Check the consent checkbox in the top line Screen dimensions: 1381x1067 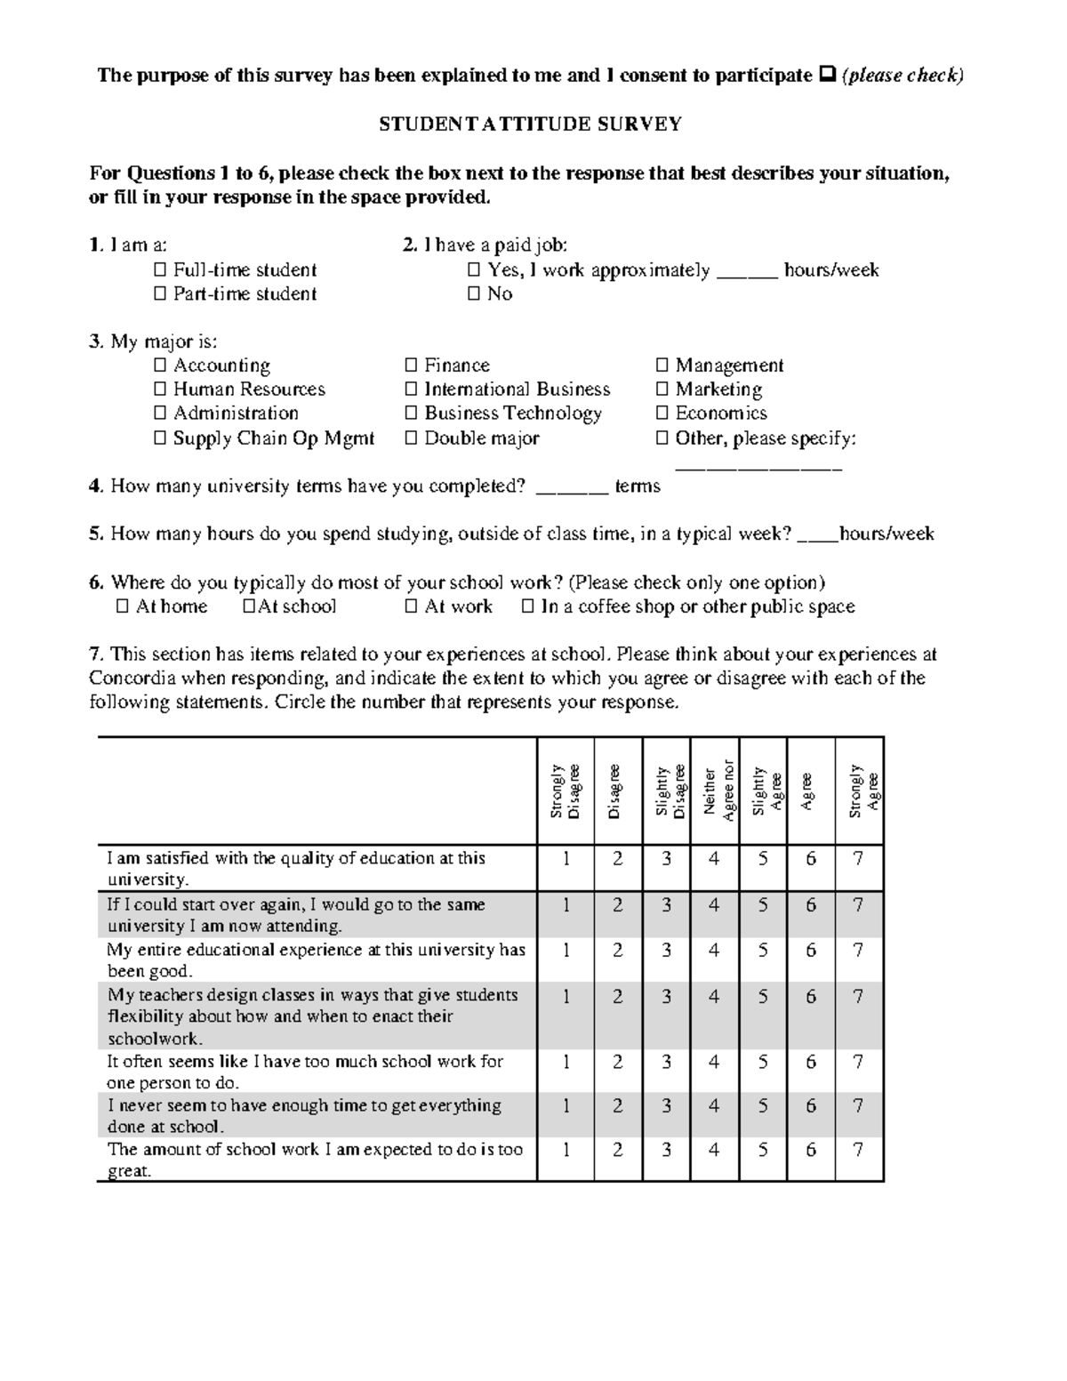pos(823,76)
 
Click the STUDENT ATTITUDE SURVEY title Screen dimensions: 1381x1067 pos(530,124)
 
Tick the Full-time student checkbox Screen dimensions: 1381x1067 pos(160,270)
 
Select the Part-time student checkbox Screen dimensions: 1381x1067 pos(160,294)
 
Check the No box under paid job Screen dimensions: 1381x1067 pos(473,294)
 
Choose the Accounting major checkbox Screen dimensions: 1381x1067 pos(160,365)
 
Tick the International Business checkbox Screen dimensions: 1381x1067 pos(411,389)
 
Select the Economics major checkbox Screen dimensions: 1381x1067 pos(662,413)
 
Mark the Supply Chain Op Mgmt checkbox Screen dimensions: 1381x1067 pos(160,438)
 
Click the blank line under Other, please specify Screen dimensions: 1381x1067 pos(758,466)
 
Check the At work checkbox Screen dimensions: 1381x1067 pos(411,607)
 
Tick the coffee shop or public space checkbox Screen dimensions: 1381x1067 pos(527,607)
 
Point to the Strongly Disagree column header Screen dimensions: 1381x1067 pos(566,791)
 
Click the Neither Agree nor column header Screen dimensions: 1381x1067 pos(715,791)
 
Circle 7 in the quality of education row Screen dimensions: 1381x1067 pos(857,859)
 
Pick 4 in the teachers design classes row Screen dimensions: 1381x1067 pos(714,997)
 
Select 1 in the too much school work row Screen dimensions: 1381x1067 pos(566,1062)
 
